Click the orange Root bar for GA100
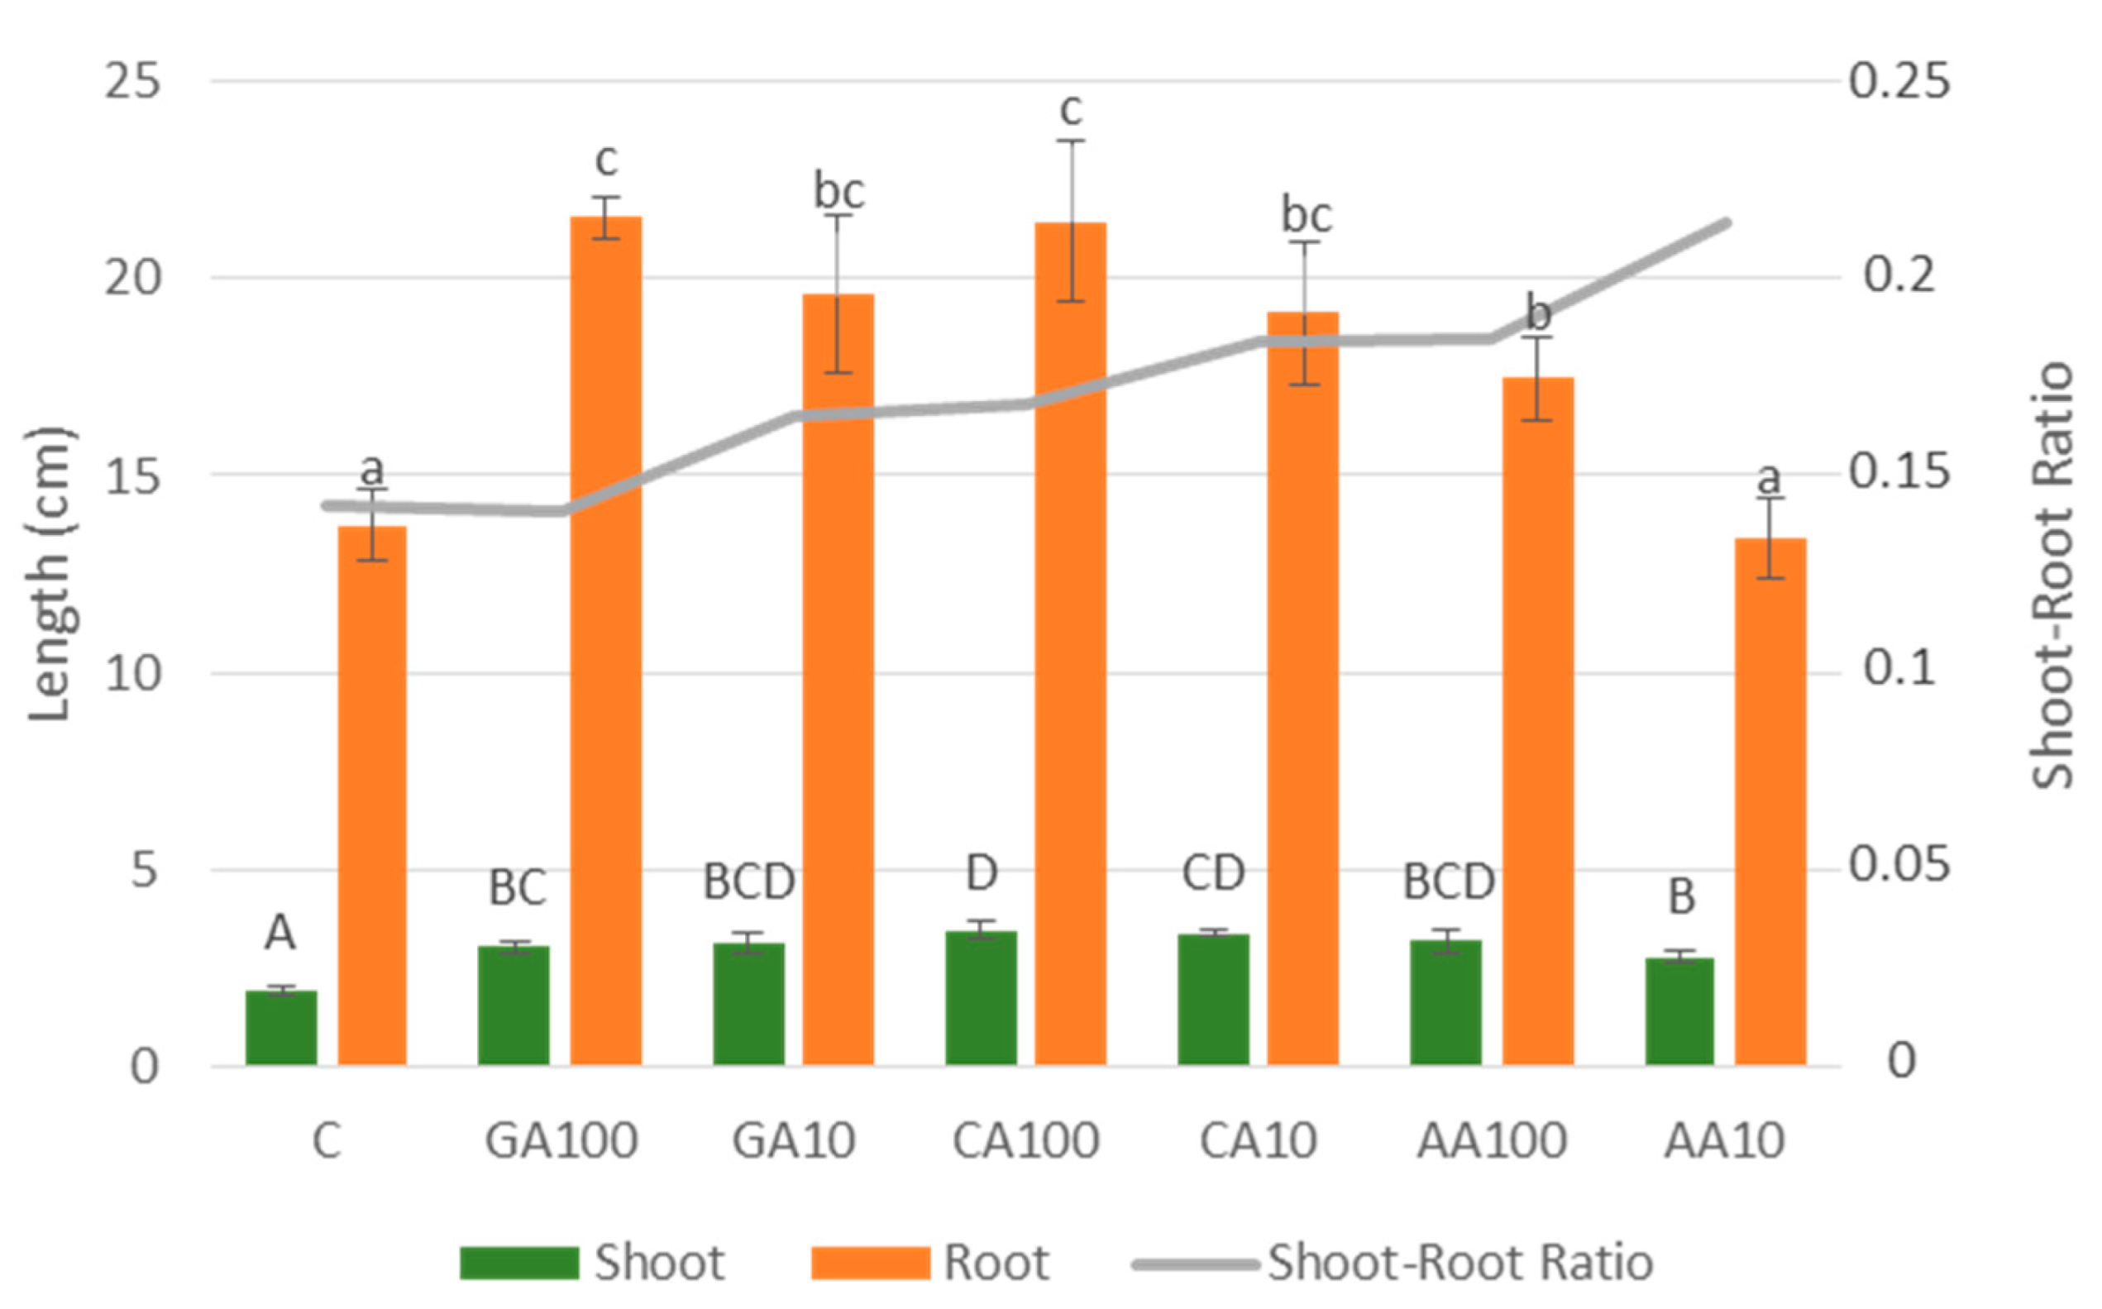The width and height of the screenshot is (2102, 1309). [605, 641]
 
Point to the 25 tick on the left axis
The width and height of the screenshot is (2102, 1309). [132, 81]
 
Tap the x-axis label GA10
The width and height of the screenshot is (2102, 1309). [794, 1141]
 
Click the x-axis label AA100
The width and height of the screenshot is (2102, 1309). [1492, 1141]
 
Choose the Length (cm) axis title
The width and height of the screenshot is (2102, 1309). [49, 574]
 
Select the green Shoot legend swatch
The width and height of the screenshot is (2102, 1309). [518, 1264]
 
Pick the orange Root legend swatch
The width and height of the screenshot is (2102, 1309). [870, 1264]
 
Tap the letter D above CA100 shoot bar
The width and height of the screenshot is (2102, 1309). [981, 874]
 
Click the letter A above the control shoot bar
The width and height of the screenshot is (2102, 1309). [279, 934]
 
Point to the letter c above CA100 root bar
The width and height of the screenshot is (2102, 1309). [1071, 109]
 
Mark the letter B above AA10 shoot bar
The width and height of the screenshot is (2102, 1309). [1681, 897]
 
